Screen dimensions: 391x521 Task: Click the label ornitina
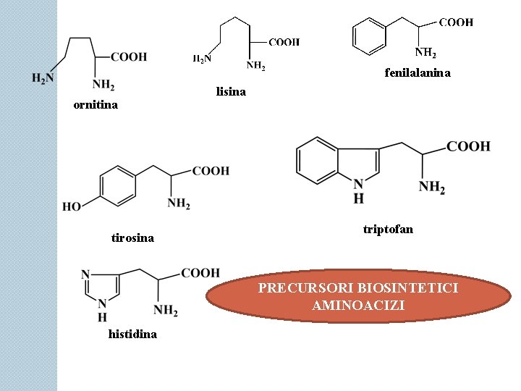(x=96, y=105)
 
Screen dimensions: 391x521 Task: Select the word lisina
(x=231, y=92)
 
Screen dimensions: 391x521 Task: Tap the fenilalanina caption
(x=418, y=73)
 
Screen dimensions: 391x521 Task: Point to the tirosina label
(x=132, y=237)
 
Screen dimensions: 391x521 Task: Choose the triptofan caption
(x=388, y=230)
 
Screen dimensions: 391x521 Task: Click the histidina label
(x=132, y=334)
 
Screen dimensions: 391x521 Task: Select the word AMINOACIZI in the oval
(x=358, y=306)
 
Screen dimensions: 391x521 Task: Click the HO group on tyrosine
(x=72, y=207)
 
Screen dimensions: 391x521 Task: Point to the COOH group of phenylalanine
(x=456, y=22)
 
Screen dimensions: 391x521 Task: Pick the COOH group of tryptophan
(x=468, y=147)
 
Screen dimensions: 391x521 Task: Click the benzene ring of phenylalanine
(x=370, y=36)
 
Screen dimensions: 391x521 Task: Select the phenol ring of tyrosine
(x=117, y=185)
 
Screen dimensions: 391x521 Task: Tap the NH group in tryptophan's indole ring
(x=358, y=192)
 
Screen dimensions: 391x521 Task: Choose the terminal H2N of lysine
(x=202, y=59)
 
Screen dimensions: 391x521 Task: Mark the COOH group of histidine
(x=200, y=273)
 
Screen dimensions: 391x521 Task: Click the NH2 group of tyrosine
(x=179, y=204)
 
